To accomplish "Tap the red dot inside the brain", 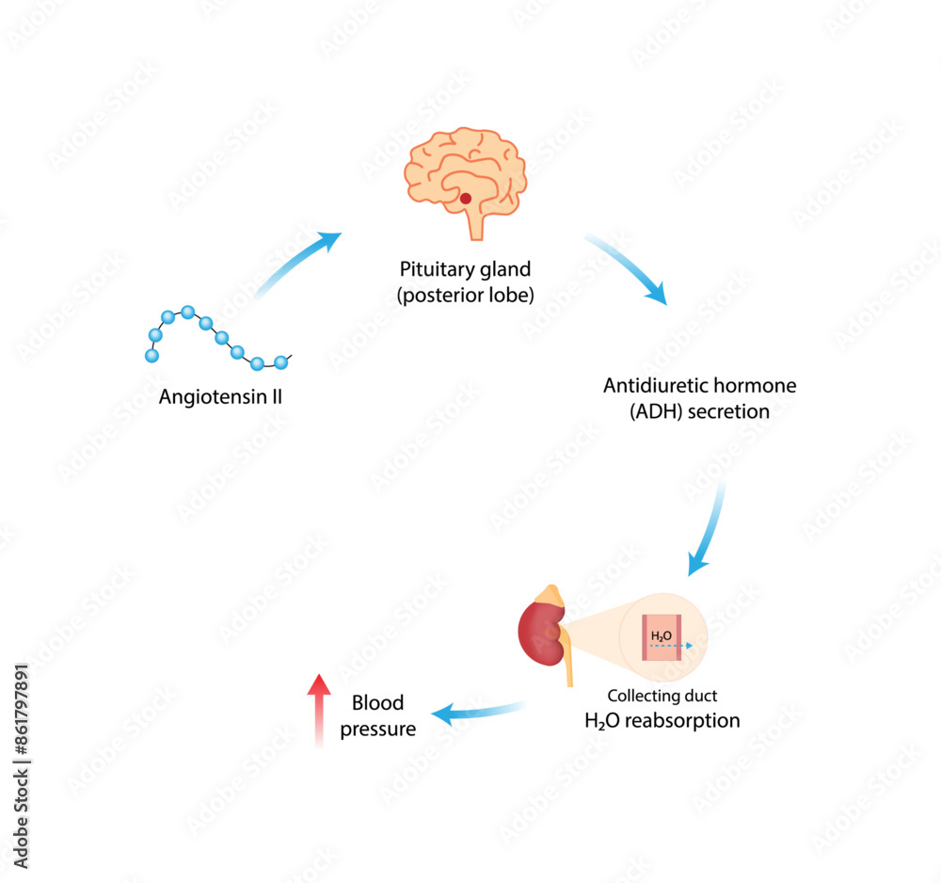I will coord(465,199).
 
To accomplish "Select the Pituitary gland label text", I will coord(465,269).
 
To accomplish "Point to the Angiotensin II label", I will coord(220,396).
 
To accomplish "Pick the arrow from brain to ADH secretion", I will coord(628,268).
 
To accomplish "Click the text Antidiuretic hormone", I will coord(699,386).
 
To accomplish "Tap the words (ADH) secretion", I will coord(699,411).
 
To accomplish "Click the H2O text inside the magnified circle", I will coord(661,635).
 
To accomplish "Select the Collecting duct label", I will coord(662,697).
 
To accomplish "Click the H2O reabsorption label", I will coord(662,721).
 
